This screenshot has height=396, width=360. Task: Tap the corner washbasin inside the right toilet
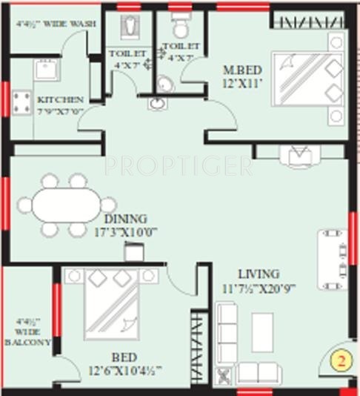[x=165, y=83]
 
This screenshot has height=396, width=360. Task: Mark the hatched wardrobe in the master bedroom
[x=307, y=19]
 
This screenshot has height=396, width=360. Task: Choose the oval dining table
[x=66, y=204]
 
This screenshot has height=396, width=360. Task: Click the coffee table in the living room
[x=262, y=332]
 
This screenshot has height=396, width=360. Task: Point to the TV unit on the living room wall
[x=332, y=260]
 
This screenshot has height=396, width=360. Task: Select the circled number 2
[x=340, y=363]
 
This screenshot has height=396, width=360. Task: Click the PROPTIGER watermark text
[x=178, y=165]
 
